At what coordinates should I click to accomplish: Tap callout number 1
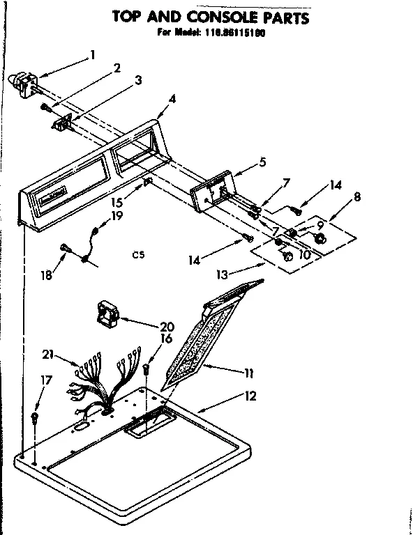click(93, 54)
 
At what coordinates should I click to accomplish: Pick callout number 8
click(356, 197)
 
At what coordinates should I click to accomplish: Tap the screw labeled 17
click(33, 419)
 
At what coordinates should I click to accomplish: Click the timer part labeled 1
click(25, 82)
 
